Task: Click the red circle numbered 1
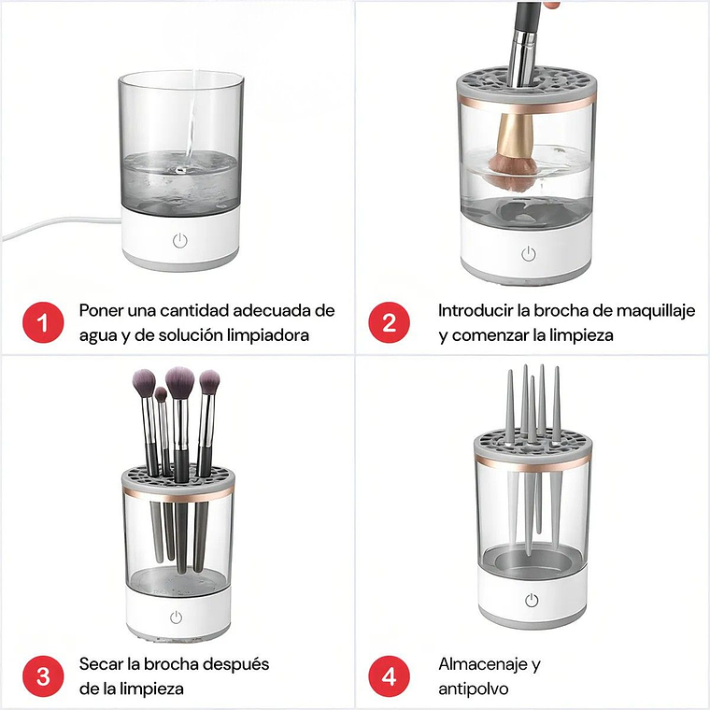[40, 322]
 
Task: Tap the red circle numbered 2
[390, 322]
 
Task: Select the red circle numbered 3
[40, 675]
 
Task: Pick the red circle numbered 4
[390, 675]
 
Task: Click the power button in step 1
[179, 240]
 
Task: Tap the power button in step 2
[528, 253]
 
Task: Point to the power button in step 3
[175, 617]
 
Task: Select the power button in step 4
[531, 601]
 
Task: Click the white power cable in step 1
[56, 228]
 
